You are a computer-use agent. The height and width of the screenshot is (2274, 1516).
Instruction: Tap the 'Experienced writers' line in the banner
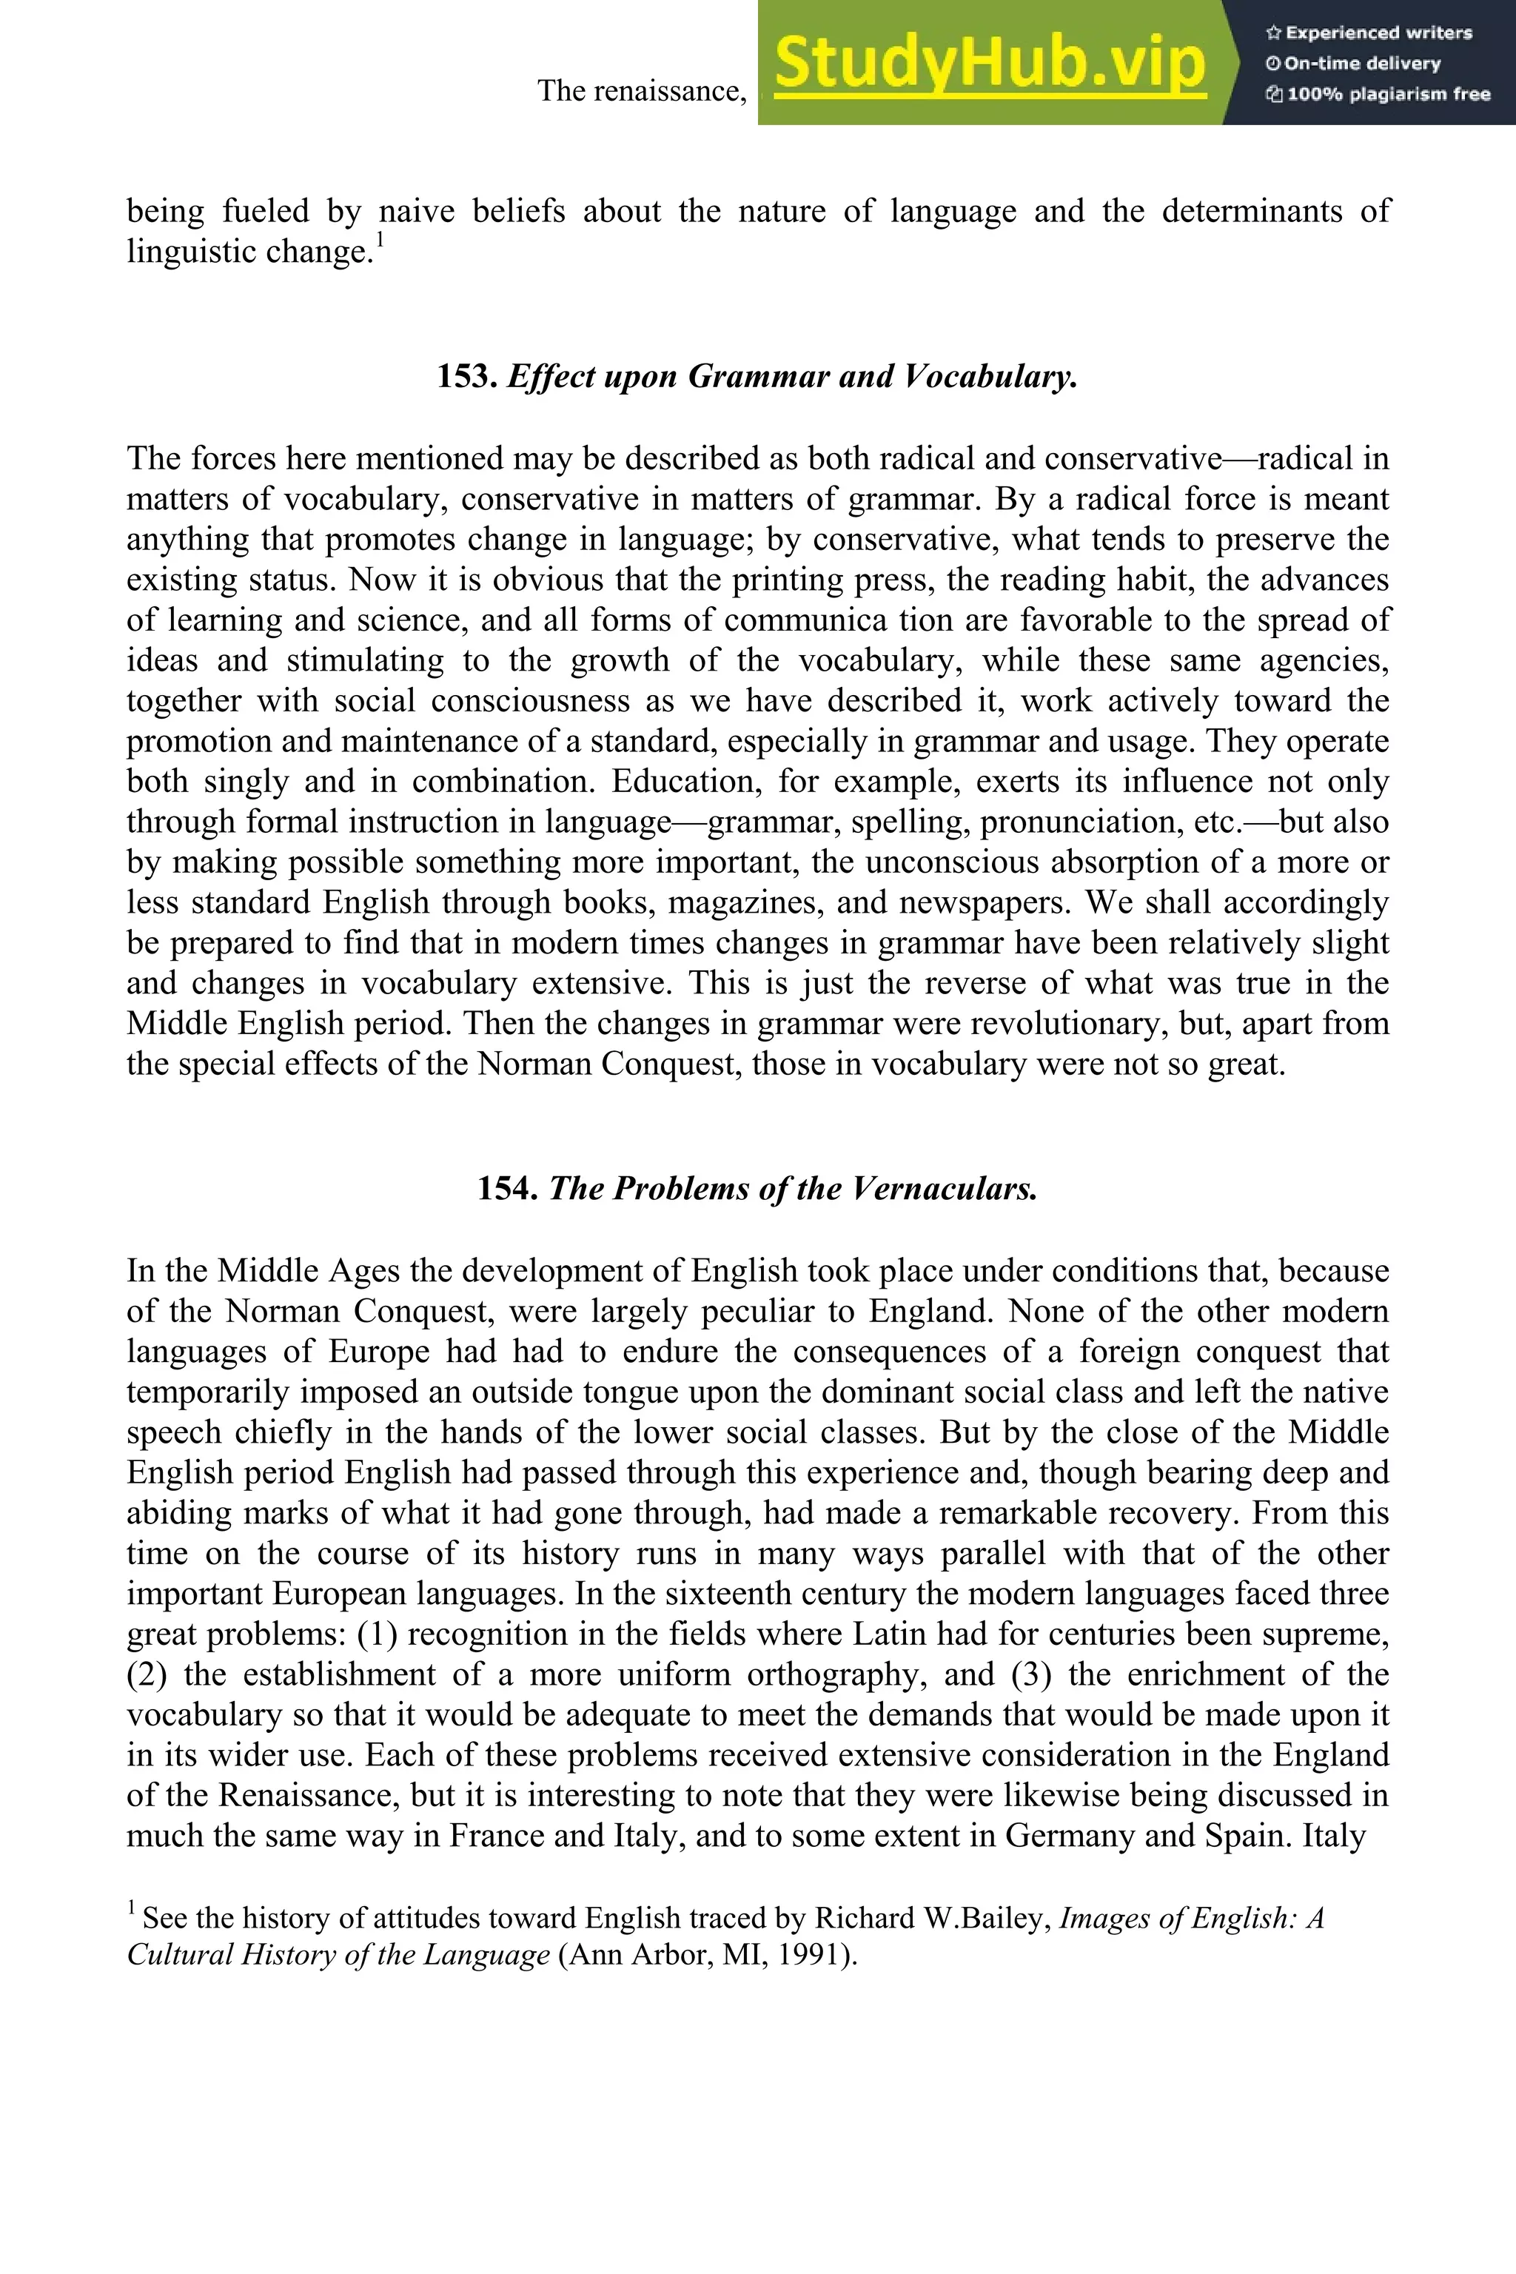point(1369,33)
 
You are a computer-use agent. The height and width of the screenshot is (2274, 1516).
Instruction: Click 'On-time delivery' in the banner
point(1354,64)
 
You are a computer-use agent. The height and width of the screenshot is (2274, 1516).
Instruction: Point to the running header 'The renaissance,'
point(642,91)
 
